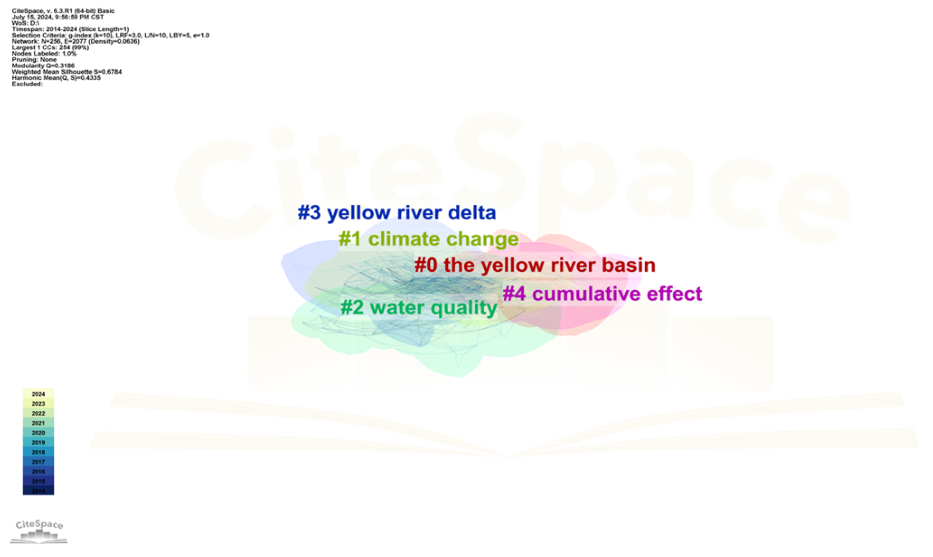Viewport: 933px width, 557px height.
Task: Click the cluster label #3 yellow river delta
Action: pyautogui.click(x=397, y=212)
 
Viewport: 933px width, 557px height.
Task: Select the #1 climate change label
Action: pyautogui.click(x=428, y=239)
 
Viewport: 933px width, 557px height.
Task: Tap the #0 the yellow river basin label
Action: pyautogui.click(x=534, y=265)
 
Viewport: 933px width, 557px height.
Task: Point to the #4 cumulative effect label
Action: pyautogui.click(x=602, y=293)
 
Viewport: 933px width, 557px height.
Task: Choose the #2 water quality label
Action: pyautogui.click(x=418, y=307)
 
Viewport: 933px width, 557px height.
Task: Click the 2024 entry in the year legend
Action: pyautogui.click(x=38, y=394)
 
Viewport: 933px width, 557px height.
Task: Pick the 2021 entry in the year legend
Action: pyautogui.click(x=38, y=423)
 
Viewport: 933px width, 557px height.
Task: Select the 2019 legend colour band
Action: pyautogui.click(x=38, y=443)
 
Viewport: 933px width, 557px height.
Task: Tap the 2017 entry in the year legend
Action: pyautogui.click(x=38, y=462)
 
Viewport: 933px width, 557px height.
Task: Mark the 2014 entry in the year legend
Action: pyautogui.click(x=38, y=491)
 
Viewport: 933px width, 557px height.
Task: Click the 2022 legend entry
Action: pyautogui.click(x=38, y=413)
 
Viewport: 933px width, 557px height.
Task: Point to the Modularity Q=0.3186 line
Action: pyautogui.click(x=43, y=66)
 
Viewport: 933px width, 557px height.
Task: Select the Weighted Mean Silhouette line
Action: pyautogui.click(x=66, y=71)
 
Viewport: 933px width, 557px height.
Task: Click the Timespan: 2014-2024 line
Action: pyautogui.click(x=70, y=29)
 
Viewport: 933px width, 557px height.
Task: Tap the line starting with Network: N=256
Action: pyautogui.click(x=75, y=41)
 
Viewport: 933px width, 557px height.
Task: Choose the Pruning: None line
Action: pyautogui.click(x=34, y=60)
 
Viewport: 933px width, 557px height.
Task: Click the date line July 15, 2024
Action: pyautogui.click(x=57, y=17)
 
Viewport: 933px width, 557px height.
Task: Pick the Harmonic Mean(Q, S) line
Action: pyautogui.click(x=56, y=78)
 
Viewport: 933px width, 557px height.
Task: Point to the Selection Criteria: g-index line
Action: pyautogui.click(x=110, y=35)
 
